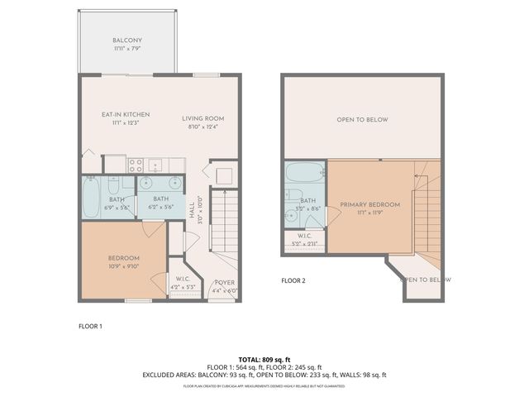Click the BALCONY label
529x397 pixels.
click(127, 41)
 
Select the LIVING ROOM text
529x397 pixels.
click(203, 118)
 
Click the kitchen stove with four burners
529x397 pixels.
click(136, 164)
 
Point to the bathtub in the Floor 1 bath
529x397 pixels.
click(92, 196)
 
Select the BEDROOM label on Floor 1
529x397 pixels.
click(123, 257)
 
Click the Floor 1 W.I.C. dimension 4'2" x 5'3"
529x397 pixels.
click(180, 287)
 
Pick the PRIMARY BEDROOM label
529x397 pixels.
click(369, 204)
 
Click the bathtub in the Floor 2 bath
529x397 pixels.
click(306, 173)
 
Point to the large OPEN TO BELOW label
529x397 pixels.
click(361, 120)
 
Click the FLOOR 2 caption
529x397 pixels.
click(293, 280)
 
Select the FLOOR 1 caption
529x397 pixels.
click(90, 326)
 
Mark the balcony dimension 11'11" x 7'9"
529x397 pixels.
click(127, 50)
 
